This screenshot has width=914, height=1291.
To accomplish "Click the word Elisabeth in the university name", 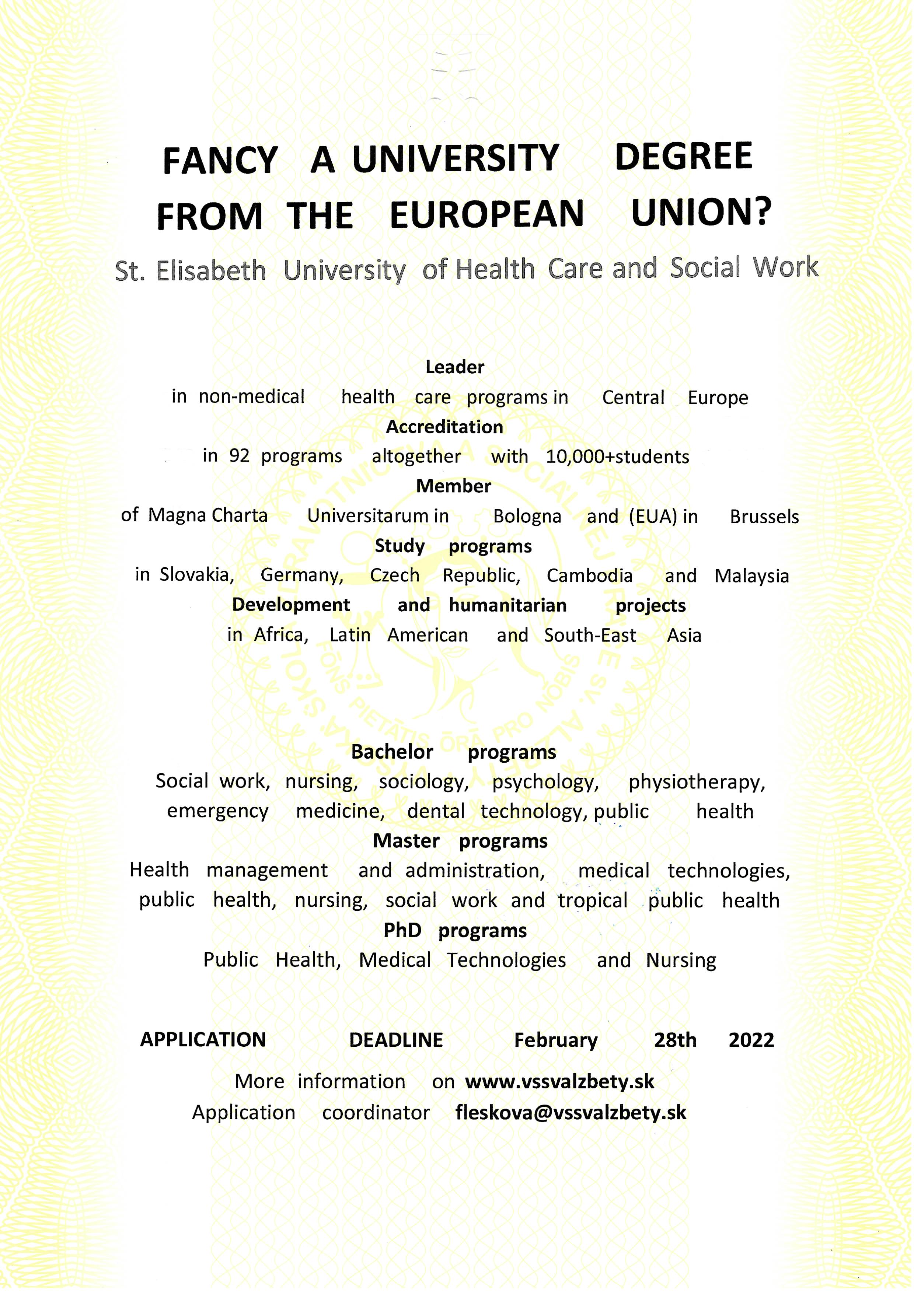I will click(210, 271).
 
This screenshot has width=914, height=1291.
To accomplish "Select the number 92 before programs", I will click(239, 456).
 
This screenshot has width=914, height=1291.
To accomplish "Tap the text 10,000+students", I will click(617, 457).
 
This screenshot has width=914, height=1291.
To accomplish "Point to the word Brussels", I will click(764, 517).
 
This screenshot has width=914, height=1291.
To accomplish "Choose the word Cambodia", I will click(589, 576).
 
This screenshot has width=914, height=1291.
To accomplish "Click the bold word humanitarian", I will click(507, 605).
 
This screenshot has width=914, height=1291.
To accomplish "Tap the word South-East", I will click(590, 636).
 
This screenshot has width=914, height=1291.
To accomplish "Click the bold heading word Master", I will click(406, 841).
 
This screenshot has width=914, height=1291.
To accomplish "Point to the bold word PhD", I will click(402, 930).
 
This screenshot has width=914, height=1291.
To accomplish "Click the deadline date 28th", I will click(675, 1040).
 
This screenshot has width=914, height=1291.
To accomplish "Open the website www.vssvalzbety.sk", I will click(559, 1082).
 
